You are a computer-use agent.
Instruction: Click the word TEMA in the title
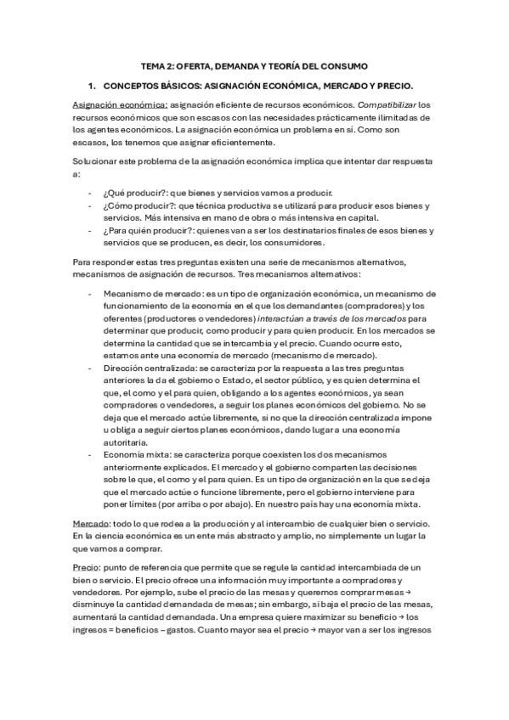(x=153, y=65)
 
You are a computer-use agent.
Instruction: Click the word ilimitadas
(x=399, y=117)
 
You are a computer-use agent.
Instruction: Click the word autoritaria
(x=126, y=442)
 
